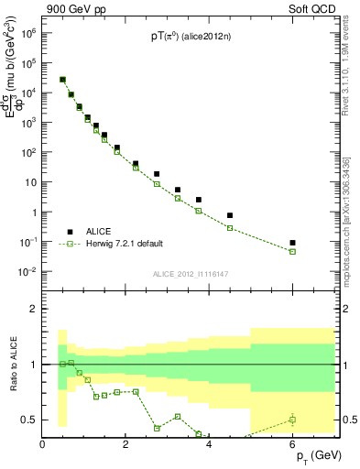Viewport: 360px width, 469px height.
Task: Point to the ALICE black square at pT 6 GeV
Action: click(292, 243)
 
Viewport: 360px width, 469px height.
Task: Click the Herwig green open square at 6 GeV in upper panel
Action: click(292, 251)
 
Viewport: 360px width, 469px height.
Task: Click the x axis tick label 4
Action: click(210, 445)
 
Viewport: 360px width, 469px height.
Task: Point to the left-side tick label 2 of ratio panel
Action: click(33, 309)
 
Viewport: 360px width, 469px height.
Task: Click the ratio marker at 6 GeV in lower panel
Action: click(292, 420)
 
